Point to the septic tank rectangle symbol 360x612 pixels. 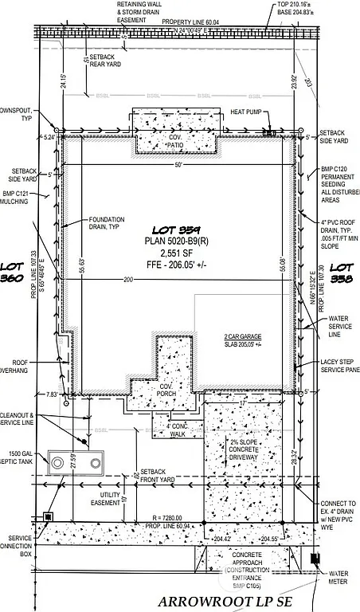coord(76,461)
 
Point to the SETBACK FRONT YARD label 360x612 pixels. coord(157,476)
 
